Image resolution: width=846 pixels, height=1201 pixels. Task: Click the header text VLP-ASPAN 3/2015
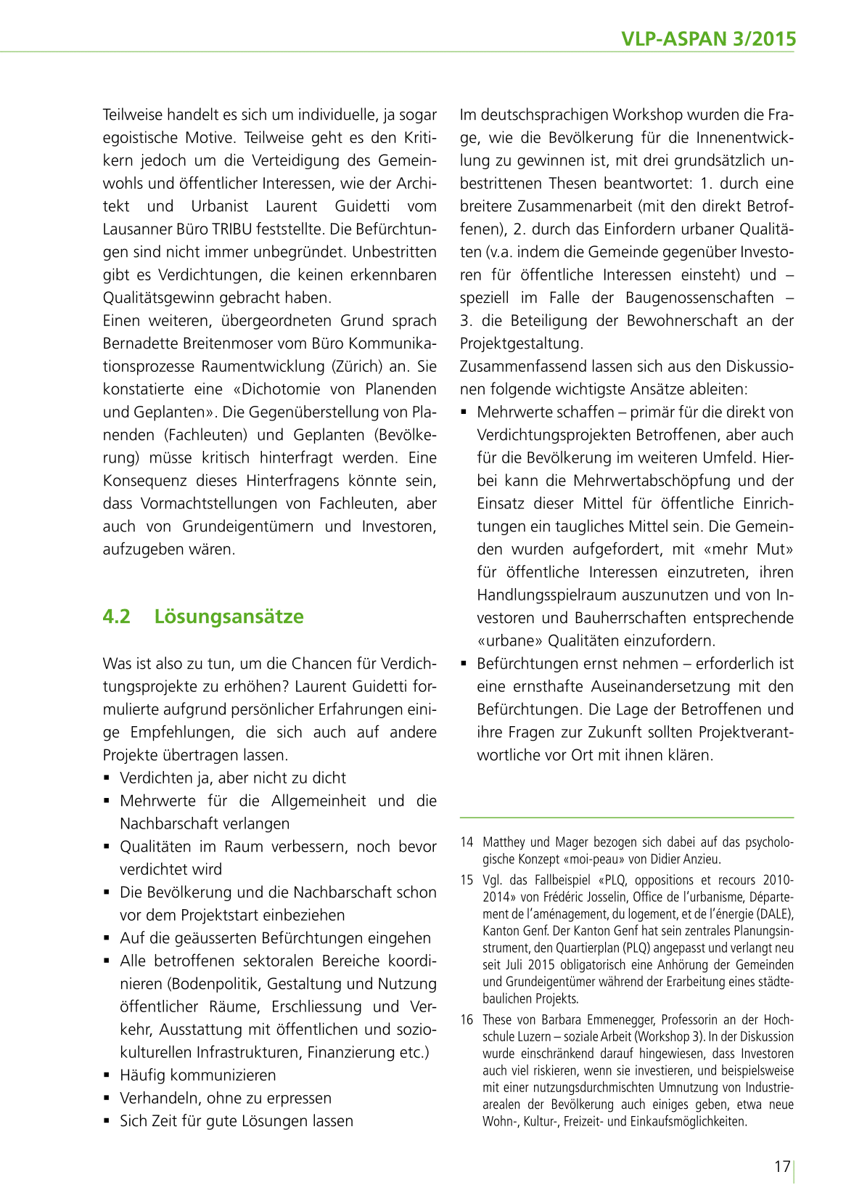tap(708, 39)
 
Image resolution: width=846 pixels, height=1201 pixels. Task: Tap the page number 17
tap(781, 1167)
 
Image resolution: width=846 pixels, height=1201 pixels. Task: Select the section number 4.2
tap(116, 616)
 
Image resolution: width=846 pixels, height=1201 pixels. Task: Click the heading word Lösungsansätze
tap(229, 616)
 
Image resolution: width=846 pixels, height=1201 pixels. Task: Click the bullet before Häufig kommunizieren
tap(107, 1075)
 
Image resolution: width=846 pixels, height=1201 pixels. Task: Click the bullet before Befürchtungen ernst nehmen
tap(464, 664)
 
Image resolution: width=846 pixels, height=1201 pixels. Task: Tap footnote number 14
tap(467, 842)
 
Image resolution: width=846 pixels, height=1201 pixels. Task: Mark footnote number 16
tap(467, 1020)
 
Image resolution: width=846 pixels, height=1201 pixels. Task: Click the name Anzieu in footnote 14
tap(704, 860)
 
